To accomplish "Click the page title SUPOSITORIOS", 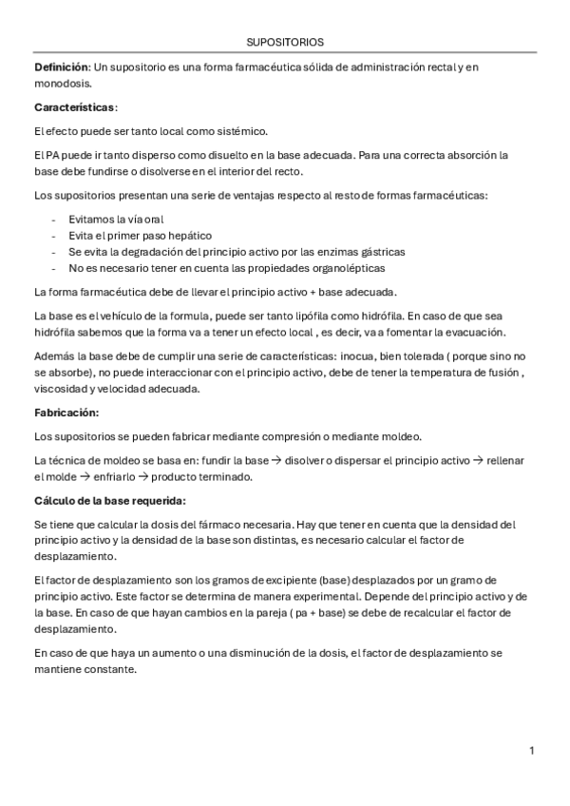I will [x=284, y=43].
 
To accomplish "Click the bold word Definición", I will [x=61, y=66].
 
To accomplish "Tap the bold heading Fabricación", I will [x=66, y=413].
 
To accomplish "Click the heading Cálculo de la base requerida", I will [x=109, y=501].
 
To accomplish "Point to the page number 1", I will [x=532, y=751].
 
